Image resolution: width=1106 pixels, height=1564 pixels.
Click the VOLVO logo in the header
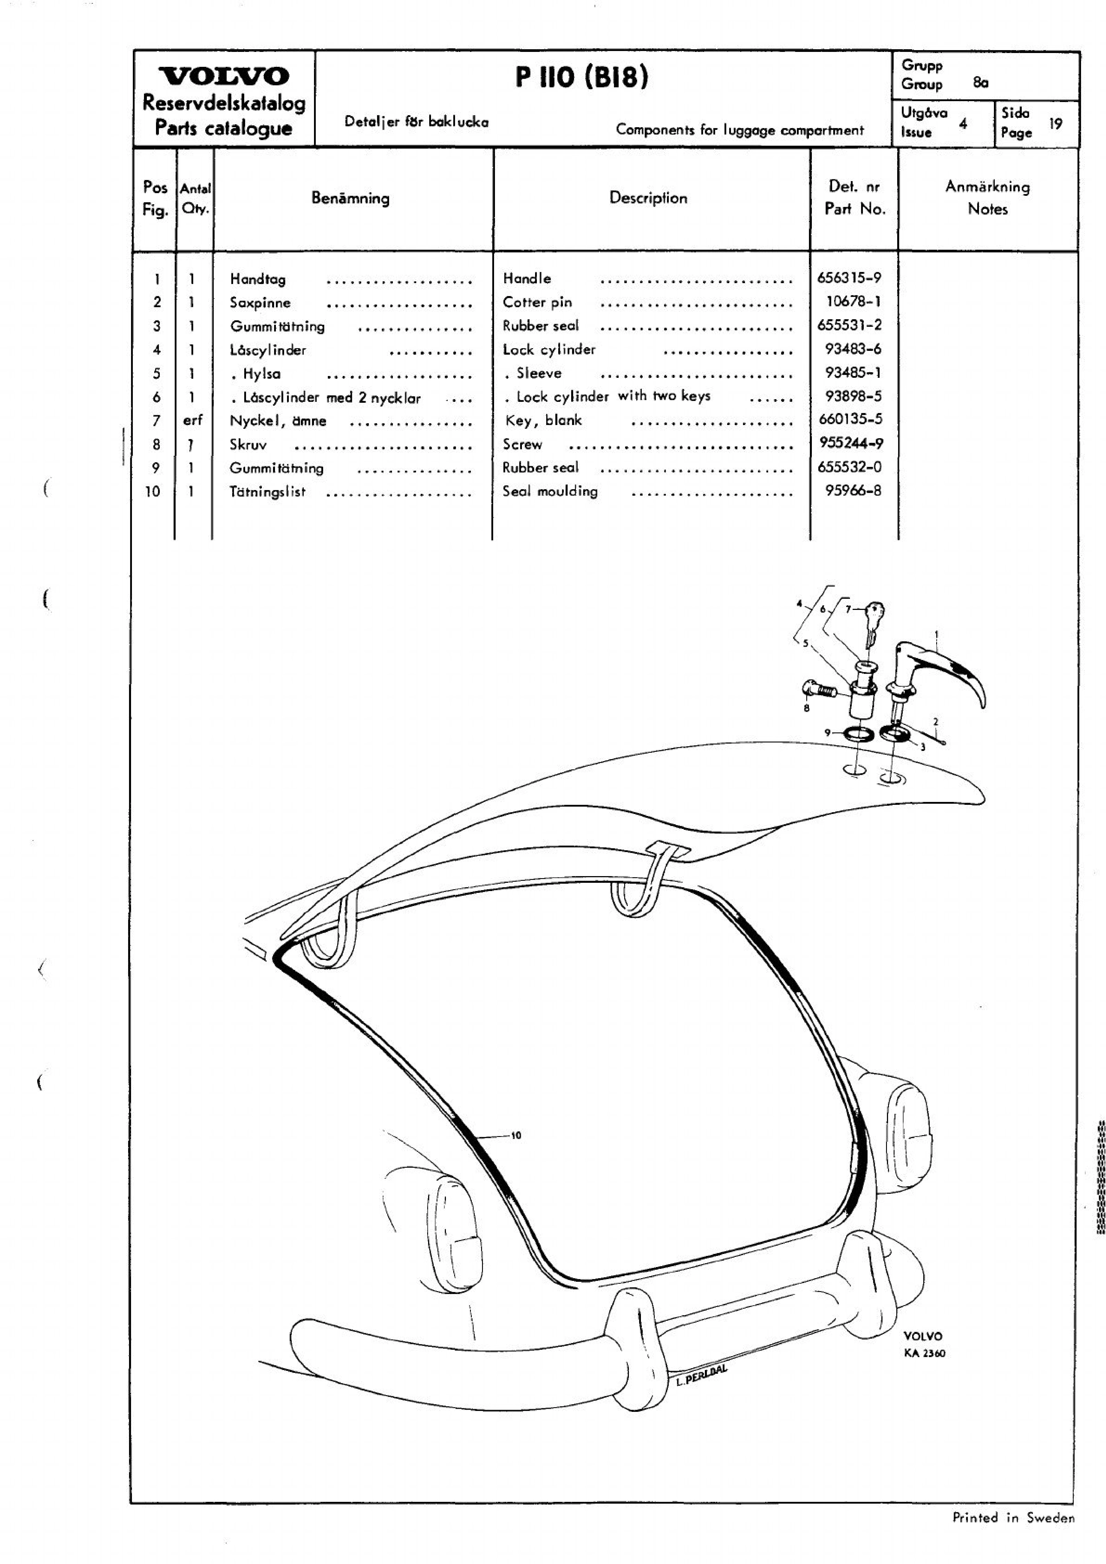224,76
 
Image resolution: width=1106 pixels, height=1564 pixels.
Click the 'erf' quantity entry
193,420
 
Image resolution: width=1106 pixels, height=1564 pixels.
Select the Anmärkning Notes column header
987,198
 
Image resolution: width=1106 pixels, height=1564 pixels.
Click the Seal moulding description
550,491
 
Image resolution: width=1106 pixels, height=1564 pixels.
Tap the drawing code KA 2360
924,1353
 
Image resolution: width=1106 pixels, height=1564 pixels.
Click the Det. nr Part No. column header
855,198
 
